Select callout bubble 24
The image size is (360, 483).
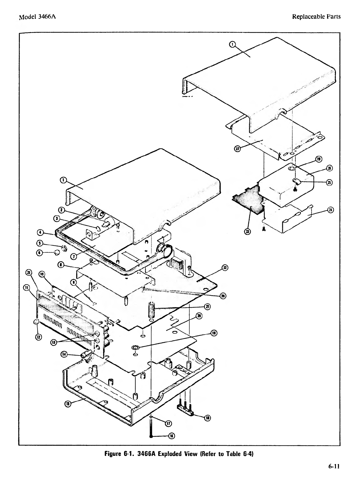coord(330,210)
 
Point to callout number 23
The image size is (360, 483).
coord(248,232)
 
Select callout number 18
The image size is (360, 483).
coord(208,418)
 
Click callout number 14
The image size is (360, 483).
coord(64,354)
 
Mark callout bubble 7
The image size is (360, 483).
coord(74,256)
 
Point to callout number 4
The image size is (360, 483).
coord(40,233)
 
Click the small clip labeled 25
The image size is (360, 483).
coord(297,181)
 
